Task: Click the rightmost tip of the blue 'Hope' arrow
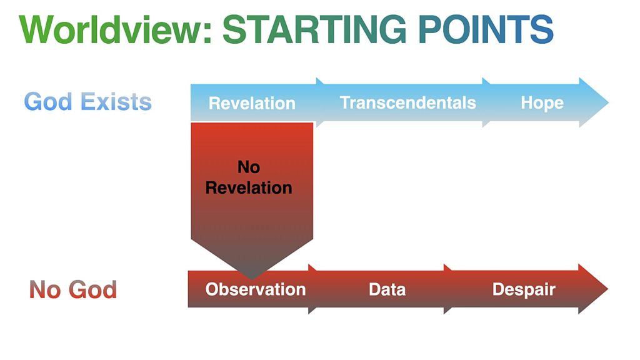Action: coord(609,102)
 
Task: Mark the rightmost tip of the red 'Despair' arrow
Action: coord(608,289)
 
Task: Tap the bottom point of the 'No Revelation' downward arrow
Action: coord(252,280)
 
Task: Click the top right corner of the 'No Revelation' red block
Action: coord(313,123)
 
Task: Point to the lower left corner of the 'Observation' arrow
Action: coord(188,307)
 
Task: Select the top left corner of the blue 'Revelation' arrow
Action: coord(191,84)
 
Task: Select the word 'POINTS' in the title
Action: coord(486,29)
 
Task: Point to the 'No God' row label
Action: coord(73,290)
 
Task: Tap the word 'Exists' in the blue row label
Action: coord(116,102)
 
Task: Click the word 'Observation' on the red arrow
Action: coord(256,289)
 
